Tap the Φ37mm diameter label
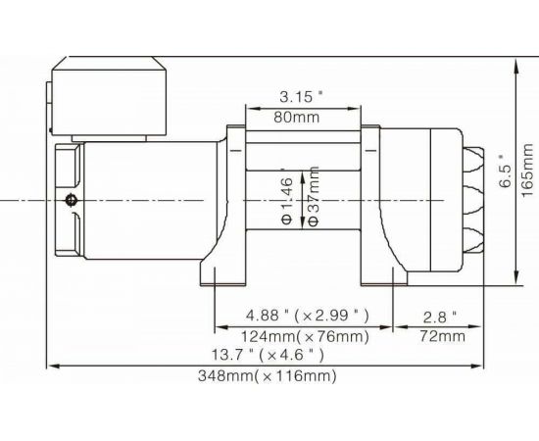click(314, 196)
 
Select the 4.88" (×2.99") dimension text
click(305, 317)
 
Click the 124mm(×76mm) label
click(305, 337)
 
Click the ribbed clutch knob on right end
click(473, 200)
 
